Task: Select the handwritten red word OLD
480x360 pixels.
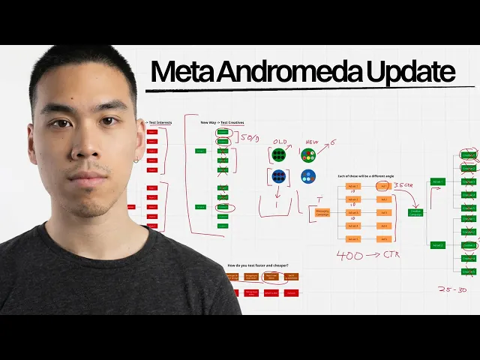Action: pyautogui.click(x=279, y=141)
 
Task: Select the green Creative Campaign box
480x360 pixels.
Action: pyautogui.click(x=415, y=213)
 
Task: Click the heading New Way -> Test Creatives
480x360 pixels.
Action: pyautogui.click(x=222, y=122)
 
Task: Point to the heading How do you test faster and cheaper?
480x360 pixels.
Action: pyautogui.click(x=257, y=265)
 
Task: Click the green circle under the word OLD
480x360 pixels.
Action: pyautogui.click(x=279, y=155)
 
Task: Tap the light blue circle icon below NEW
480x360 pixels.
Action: pyautogui.click(x=308, y=177)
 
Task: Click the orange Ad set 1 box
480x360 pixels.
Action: pyautogui.click(x=352, y=186)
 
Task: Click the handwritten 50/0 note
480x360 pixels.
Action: pyautogui.click(x=249, y=139)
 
